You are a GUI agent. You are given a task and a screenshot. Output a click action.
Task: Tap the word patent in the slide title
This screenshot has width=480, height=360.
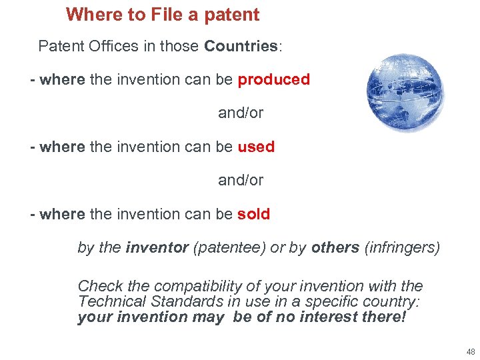(x=230, y=14)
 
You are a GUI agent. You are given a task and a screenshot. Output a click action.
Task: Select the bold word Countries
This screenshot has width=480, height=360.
(x=241, y=46)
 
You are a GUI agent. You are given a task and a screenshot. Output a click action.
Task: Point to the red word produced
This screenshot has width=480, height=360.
(x=273, y=79)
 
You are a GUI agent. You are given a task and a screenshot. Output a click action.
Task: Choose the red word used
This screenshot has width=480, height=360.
(x=256, y=147)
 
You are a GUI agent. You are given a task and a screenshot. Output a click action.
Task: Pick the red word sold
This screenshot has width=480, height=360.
(x=253, y=214)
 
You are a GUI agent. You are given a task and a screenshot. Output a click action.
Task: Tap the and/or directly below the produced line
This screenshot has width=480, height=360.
(x=241, y=113)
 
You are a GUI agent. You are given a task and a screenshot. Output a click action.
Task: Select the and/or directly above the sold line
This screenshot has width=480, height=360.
(x=241, y=180)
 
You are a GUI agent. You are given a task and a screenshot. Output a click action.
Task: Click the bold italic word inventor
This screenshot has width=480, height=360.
(x=157, y=247)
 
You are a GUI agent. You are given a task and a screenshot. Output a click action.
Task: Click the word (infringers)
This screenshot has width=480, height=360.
(x=402, y=247)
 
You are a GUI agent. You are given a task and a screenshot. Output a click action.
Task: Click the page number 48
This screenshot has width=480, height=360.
(x=471, y=351)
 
